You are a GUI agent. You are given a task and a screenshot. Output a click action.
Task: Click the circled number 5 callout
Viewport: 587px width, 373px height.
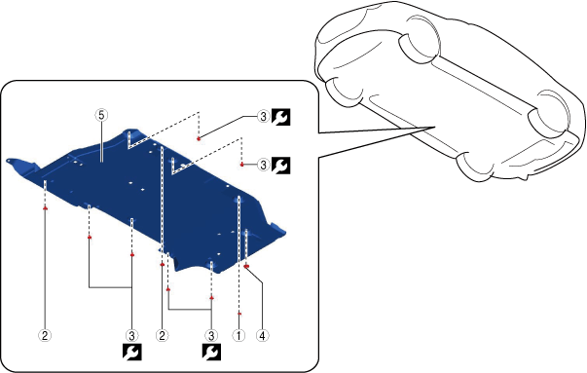coord(101,115)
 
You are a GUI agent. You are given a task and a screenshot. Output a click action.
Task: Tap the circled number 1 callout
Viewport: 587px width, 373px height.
coord(238,335)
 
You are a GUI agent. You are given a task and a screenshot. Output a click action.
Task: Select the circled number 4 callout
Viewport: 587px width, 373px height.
coord(262,335)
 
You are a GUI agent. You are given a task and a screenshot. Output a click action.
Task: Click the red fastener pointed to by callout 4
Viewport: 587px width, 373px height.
coord(246,266)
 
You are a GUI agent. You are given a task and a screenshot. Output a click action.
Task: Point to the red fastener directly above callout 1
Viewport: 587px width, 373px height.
coord(239,314)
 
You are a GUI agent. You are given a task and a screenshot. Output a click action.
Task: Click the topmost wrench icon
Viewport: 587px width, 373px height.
coord(280,117)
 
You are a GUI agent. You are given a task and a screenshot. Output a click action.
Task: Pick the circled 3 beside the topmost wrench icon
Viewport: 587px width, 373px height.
coord(263,117)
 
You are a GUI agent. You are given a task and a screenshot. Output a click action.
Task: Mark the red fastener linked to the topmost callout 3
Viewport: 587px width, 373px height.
coord(199,139)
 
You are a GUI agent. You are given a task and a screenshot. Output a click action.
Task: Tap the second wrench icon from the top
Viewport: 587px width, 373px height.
coord(280,165)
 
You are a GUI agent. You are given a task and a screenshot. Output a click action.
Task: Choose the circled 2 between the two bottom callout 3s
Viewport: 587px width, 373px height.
coord(162,335)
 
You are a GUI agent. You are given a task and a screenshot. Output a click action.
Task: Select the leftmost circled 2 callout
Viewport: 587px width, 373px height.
coord(45,335)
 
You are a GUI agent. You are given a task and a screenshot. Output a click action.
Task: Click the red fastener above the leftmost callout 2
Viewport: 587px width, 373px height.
coord(46,207)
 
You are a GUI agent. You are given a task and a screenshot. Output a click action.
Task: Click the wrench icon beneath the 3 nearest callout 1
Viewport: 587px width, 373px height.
coord(211,352)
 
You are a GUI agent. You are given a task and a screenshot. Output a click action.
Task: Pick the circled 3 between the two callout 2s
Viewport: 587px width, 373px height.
coord(131,335)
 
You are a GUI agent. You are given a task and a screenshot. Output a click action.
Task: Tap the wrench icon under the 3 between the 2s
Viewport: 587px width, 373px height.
coord(132,352)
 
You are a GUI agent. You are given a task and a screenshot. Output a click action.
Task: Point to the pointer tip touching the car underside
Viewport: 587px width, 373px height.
coord(434,127)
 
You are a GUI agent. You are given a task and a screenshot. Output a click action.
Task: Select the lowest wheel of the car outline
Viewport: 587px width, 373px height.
coord(474,166)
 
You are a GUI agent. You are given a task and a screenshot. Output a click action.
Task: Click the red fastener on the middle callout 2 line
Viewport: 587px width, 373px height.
coord(163,264)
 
